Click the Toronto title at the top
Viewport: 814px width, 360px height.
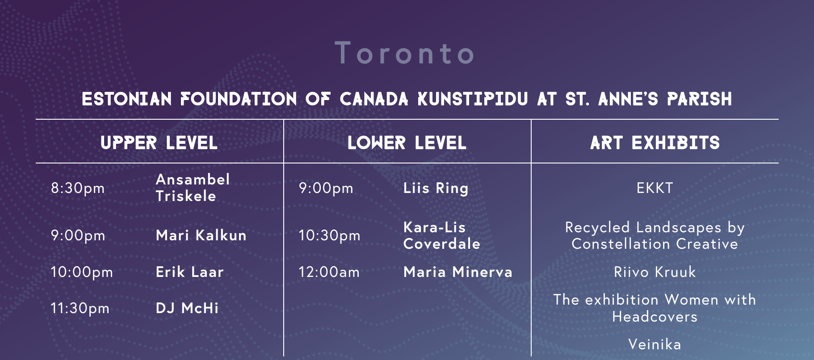pos(404,53)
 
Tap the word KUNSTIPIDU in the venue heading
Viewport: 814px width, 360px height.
pos(473,99)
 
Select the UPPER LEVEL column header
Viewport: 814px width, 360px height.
pos(159,143)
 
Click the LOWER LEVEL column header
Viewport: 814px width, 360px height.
pos(407,143)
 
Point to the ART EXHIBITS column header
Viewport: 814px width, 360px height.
pos(655,143)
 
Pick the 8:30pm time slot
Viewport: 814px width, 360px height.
pos(78,188)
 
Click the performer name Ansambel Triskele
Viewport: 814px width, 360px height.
pos(193,188)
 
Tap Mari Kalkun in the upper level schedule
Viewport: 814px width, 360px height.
pos(201,235)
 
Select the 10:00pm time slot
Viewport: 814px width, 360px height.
pos(82,272)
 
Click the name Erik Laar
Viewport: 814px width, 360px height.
pos(189,272)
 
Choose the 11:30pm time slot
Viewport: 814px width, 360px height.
pos(80,308)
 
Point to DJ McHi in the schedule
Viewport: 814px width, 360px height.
pos(187,308)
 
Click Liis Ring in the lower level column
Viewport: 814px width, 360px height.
pos(436,188)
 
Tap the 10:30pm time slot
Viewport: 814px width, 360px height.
pos(329,235)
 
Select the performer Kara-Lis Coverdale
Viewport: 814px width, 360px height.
pos(442,235)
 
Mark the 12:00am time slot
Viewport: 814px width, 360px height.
pos(329,272)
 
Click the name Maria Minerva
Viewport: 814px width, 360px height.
pos(458,272)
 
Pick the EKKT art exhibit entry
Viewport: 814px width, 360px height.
pos(655,188)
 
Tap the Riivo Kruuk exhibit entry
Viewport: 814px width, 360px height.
pos(655,272)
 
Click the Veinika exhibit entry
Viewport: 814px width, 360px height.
pos(655,344)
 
